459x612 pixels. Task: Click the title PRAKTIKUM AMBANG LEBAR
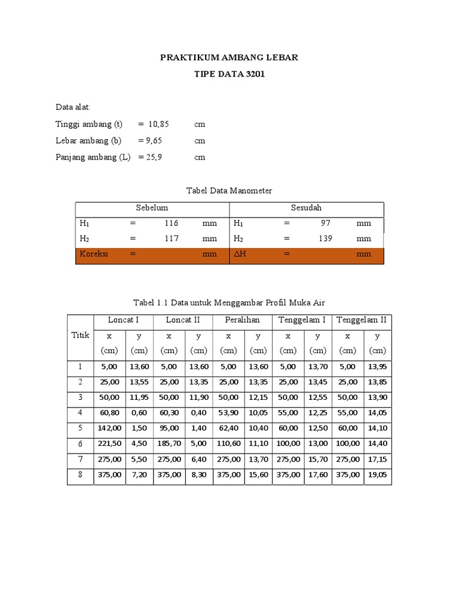tap(229, 58)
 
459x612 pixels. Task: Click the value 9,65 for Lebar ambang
tap(150, 140)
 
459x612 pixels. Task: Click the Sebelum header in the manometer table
tap(152, 208)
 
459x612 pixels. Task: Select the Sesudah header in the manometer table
tap(306, 208)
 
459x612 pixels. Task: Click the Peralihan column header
tap(243, 320)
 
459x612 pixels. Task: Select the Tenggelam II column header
tap(362, 320)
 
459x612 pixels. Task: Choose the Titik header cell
tap(80, 336)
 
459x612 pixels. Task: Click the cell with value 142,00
tap(109, 429)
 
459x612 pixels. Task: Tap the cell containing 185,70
tap(169, 444)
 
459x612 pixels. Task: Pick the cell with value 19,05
tap(378, 475)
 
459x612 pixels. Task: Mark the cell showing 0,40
tap(199, 413)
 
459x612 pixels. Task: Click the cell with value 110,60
tap(229, 444)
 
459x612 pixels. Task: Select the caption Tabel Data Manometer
tap(229, 191)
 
